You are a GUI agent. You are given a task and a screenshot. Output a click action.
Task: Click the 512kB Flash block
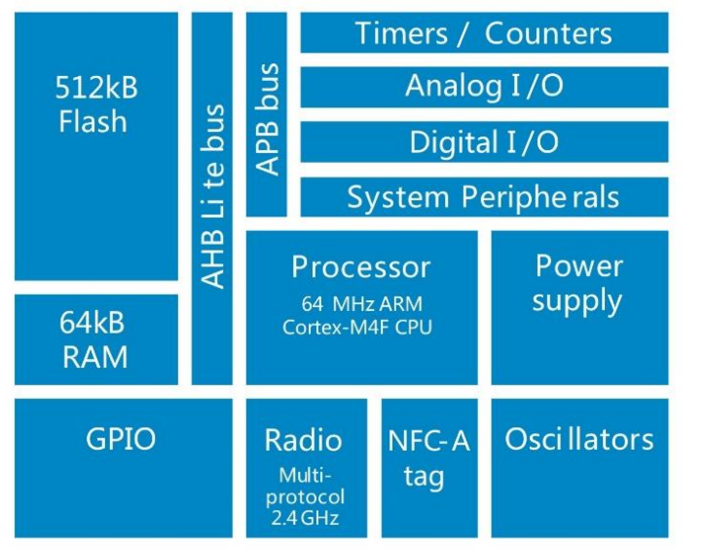96,146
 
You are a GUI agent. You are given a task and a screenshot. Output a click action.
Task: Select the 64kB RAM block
96,339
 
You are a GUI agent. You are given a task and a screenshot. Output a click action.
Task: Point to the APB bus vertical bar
266,114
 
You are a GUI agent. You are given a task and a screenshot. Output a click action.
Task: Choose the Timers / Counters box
484,33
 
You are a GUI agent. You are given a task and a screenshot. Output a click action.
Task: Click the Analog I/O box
484,87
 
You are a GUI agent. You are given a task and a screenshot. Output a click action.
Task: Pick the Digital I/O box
484,142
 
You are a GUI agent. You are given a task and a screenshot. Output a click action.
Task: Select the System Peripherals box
484,197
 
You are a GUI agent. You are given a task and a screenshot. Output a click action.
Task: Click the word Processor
361,266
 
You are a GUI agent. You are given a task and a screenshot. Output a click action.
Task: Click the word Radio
304,440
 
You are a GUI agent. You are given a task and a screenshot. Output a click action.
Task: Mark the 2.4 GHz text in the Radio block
306,518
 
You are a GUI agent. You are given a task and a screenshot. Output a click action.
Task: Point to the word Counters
548,33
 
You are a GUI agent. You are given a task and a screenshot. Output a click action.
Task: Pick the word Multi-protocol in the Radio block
306,487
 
